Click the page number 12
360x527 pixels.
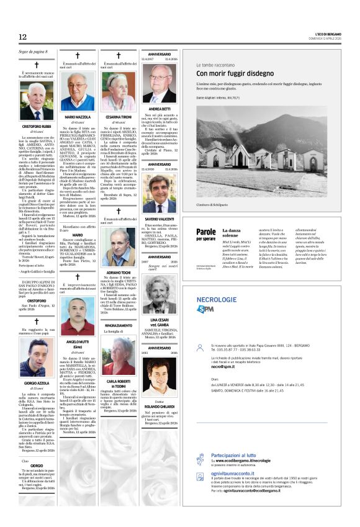click(23, 37)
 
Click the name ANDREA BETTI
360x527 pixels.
click(160, 108)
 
